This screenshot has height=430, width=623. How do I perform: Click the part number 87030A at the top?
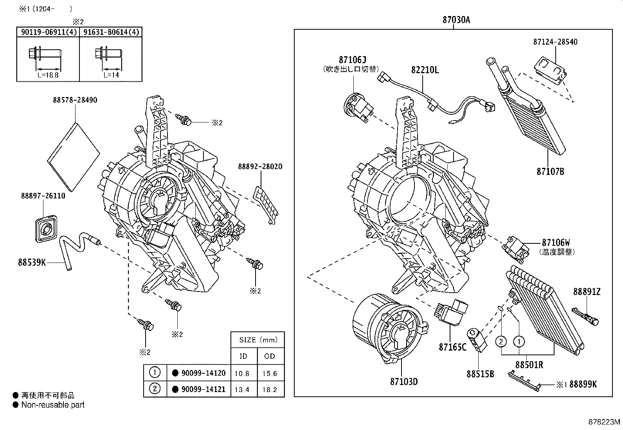click(x=456, y=20)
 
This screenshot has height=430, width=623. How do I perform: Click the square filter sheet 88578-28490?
click(x=74, y=157)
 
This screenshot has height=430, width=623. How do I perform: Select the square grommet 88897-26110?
click(x=46, y=228)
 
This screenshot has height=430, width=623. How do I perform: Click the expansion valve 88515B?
click(x=477, y=340)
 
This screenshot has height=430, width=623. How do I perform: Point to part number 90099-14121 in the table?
click(x=203, y=389)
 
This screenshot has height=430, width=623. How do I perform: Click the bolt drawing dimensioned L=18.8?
click(x=45, y=54)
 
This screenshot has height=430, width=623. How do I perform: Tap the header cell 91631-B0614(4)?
click(x=111, y=32)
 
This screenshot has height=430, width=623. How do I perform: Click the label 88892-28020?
click(x=260, y=167)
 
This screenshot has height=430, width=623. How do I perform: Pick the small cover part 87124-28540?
click(x=551, y=70)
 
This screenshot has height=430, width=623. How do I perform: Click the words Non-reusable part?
click(x=53, y=405)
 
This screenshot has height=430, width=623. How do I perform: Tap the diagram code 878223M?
click(x=604, y=422)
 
